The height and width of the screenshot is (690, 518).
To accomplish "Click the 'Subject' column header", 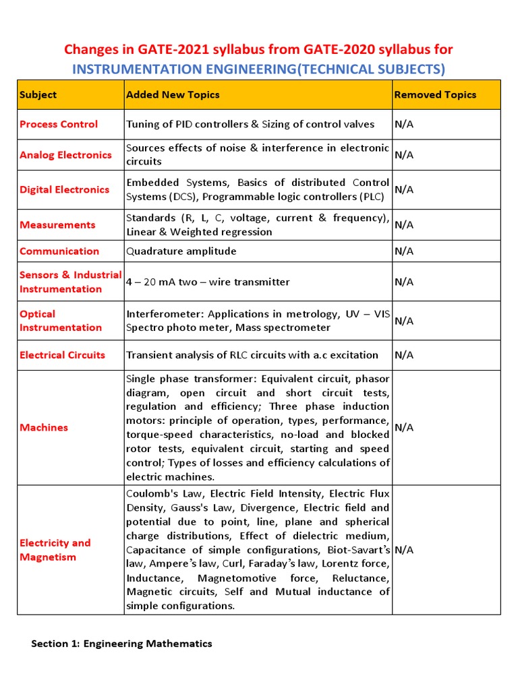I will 38,95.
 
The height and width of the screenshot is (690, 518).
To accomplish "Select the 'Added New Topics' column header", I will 173,95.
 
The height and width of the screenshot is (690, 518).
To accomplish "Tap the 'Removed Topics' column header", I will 435,95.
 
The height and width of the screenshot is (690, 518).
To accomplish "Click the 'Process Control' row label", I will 59,124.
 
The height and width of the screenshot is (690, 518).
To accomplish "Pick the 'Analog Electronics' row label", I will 65,155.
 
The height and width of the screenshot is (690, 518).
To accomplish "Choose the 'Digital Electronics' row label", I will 64,189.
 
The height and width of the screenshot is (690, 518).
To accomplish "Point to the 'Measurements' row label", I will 57,224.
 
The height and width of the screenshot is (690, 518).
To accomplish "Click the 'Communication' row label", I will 59,251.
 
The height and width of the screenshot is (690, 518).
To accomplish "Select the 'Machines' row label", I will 44,427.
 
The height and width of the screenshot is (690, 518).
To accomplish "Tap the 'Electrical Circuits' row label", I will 62,355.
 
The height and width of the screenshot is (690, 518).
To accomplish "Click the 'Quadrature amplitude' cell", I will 181,251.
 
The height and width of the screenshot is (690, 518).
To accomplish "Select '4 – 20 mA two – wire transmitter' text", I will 208,282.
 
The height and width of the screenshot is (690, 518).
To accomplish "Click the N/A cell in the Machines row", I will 404,427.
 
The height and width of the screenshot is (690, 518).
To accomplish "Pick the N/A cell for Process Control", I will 404,124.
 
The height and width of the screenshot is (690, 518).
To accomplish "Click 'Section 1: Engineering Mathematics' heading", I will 121,644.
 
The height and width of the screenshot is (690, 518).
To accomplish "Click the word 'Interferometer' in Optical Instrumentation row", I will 165,314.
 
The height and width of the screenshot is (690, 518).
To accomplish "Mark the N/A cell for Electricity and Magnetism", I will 404,550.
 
